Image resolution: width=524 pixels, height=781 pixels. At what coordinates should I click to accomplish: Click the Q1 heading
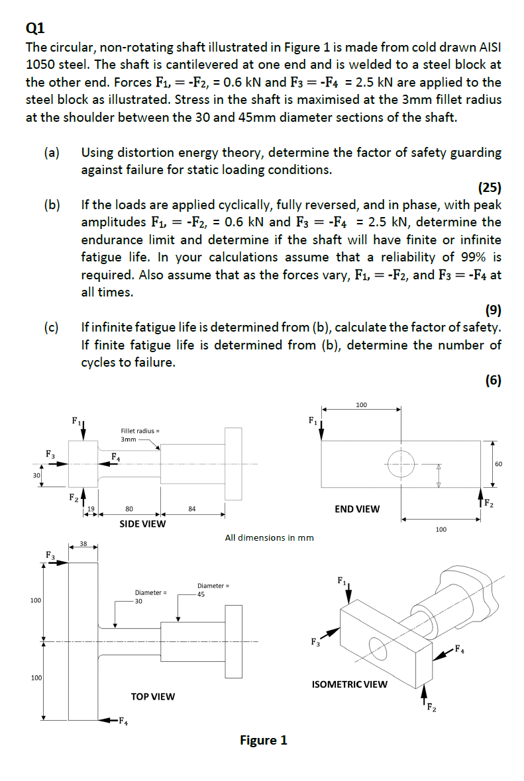pos(34,27)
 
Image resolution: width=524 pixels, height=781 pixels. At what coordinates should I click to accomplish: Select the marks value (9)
pos(494,309)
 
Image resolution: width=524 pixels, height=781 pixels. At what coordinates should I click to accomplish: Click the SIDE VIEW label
pos(142,524)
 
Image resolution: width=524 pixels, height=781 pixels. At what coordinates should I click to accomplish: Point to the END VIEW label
pos(357,509)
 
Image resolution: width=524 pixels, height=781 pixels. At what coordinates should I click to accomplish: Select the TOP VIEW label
pos(153,696)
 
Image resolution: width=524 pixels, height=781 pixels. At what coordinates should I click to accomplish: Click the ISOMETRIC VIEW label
pos(349,684)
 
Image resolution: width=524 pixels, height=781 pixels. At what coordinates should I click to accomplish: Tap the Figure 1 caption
pos(263,740)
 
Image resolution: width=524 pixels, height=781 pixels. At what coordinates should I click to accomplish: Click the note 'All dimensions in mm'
pos(269,538)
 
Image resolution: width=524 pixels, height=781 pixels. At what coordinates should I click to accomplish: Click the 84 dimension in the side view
pos(191,509)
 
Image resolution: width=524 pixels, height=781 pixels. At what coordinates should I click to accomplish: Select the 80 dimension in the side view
pos(129,509)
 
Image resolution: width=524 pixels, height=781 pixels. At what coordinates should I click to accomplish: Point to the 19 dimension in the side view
pos(92,509)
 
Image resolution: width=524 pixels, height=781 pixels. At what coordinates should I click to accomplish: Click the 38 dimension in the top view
pos(83,543)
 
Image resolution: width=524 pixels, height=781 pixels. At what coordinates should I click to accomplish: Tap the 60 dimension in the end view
pos(499,464)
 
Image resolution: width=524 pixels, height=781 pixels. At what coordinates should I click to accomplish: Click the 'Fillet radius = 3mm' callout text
pos(137,435)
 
